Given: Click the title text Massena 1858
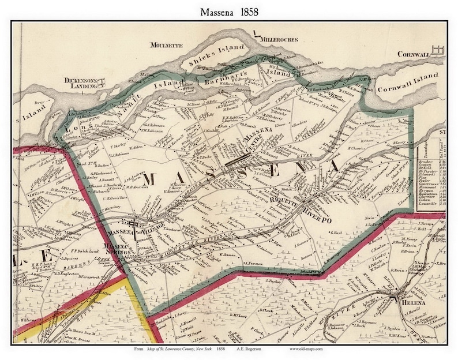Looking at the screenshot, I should pos(228,11).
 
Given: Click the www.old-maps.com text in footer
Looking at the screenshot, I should pos(300,350).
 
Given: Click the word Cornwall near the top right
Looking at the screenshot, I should pos(414,54).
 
